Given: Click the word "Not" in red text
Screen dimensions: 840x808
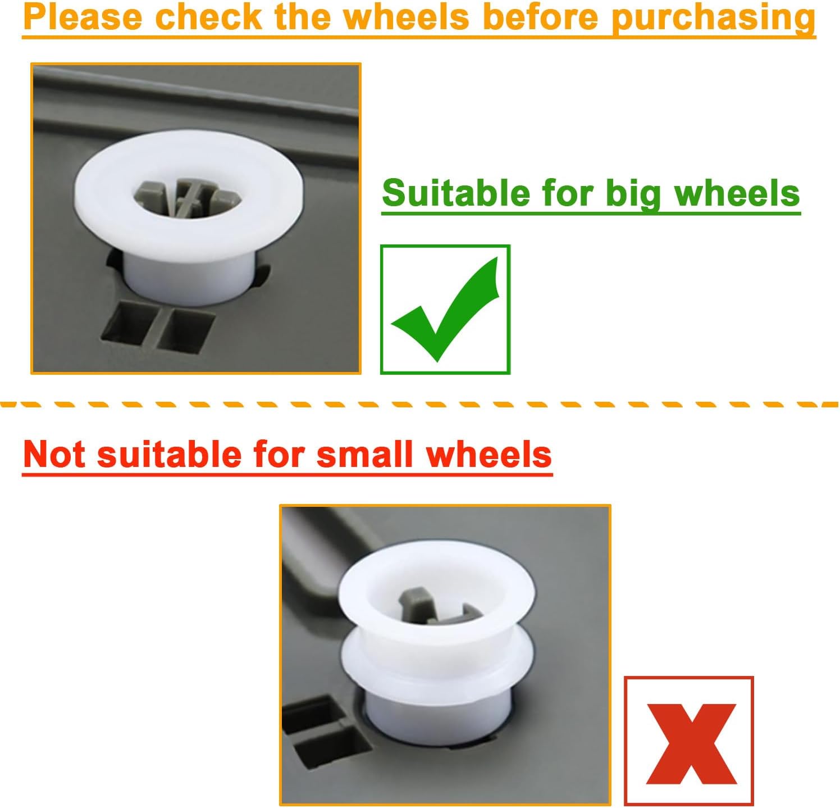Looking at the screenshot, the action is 54,453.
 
